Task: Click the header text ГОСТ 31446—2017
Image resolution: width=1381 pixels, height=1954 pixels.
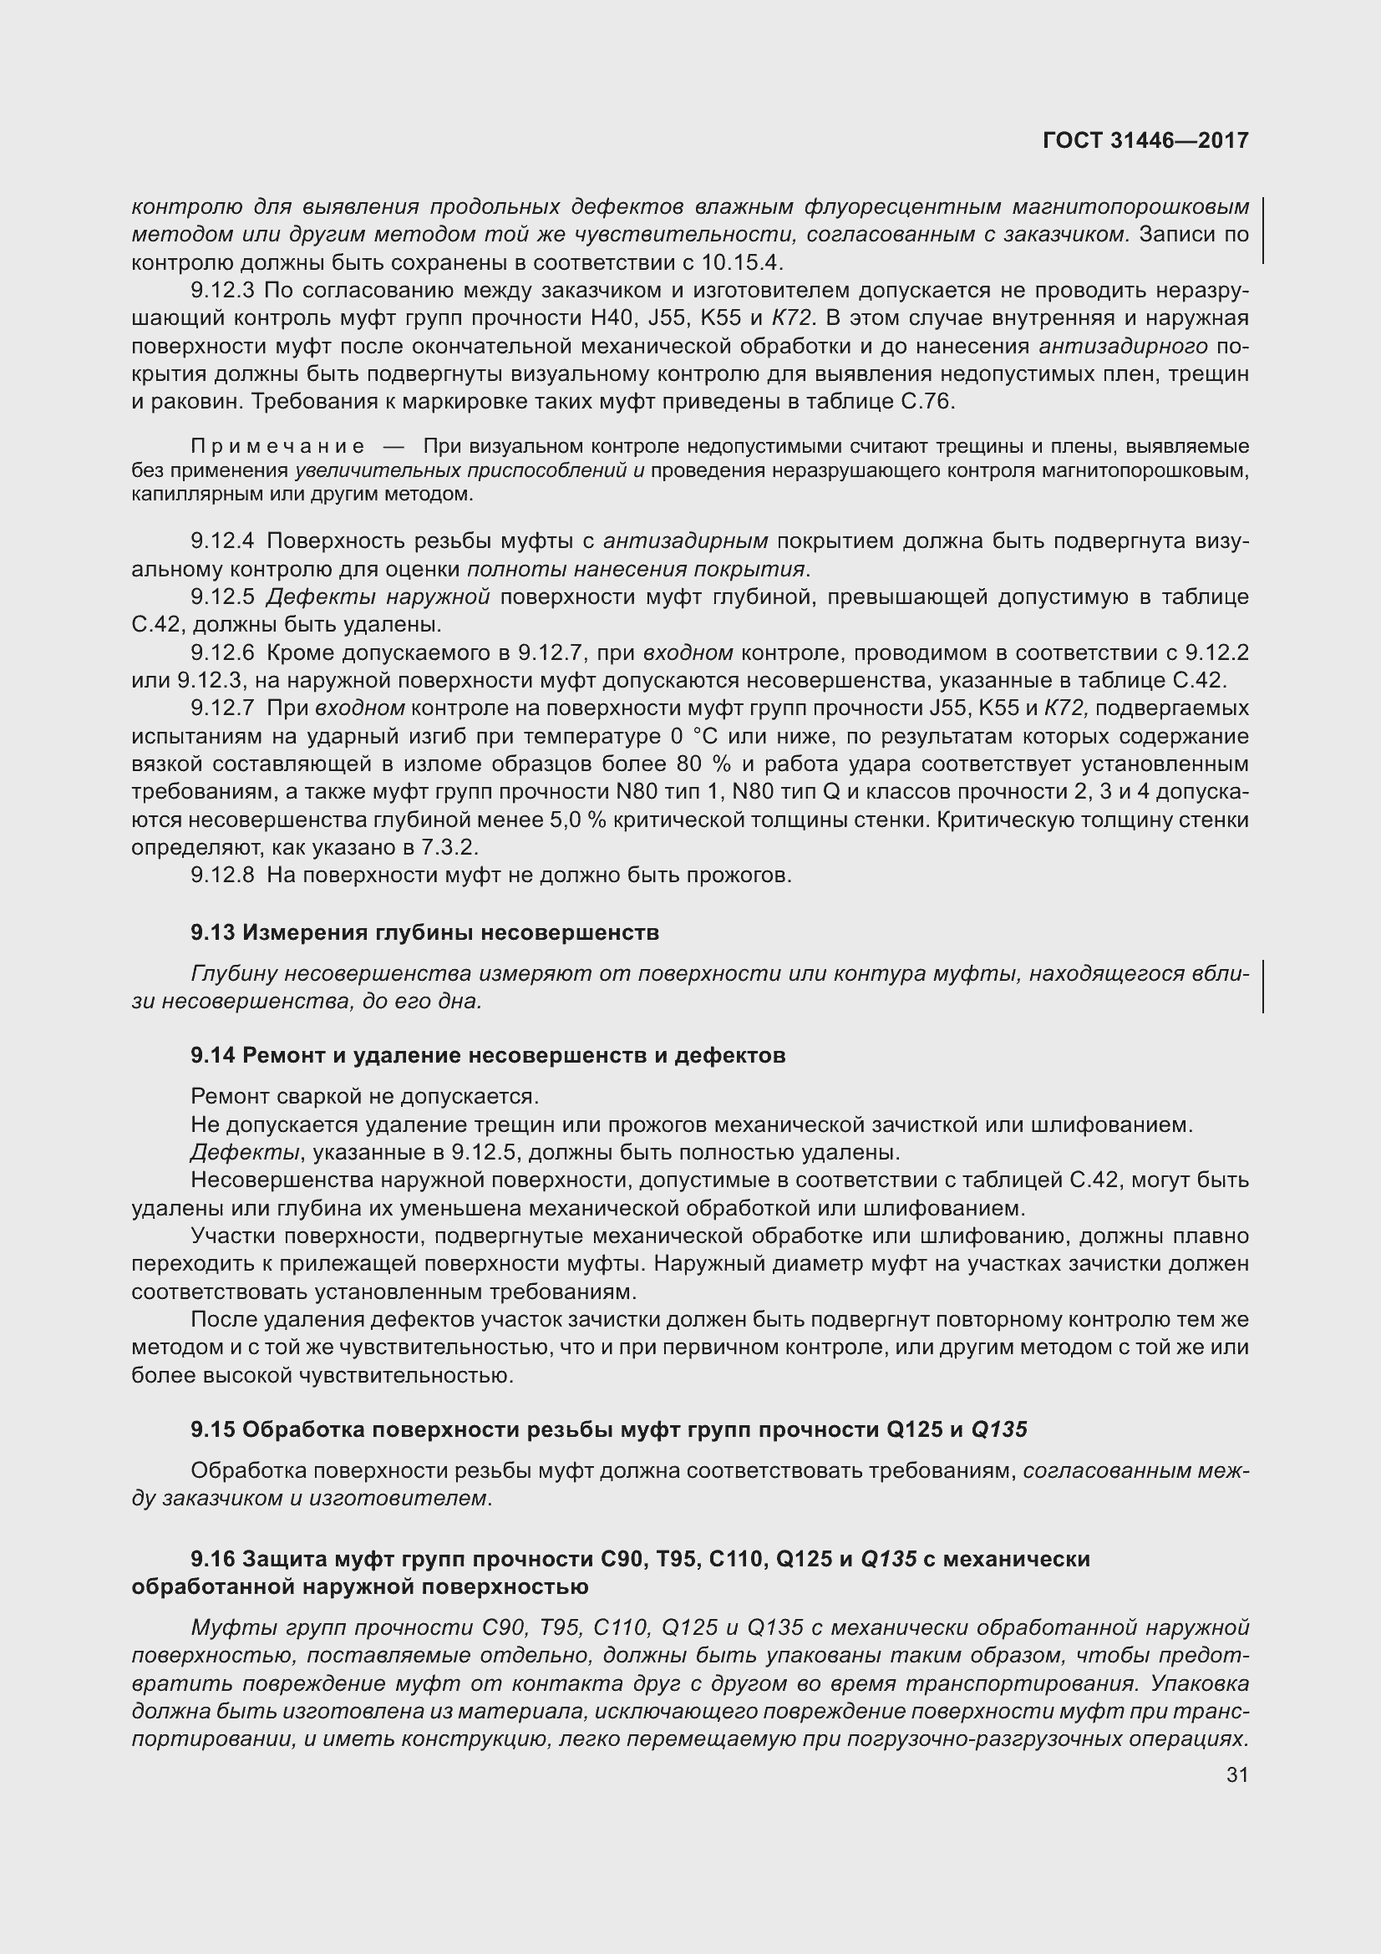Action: [1145, 141]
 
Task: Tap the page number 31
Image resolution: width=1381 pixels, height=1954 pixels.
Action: [1237, 1774]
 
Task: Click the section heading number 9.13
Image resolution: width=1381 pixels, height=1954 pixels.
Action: [212, 933]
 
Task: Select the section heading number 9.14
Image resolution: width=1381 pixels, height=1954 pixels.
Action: [212, 1055]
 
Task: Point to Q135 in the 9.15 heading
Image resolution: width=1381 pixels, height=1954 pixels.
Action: [999, 1429]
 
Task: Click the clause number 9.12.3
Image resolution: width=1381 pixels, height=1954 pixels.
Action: [222, 291]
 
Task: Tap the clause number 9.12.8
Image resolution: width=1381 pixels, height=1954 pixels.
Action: [222, 875]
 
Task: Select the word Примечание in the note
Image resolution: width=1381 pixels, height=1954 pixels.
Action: [277, 447]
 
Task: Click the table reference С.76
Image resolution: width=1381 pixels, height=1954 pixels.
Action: [927, 402]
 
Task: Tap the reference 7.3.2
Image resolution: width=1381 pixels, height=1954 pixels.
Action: [448, 848]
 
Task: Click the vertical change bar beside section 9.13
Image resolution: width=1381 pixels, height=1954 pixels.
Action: [1262, 987]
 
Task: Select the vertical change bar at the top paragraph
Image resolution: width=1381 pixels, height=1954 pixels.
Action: [1262, 230]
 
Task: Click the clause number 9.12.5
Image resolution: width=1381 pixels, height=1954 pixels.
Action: [222, 597]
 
